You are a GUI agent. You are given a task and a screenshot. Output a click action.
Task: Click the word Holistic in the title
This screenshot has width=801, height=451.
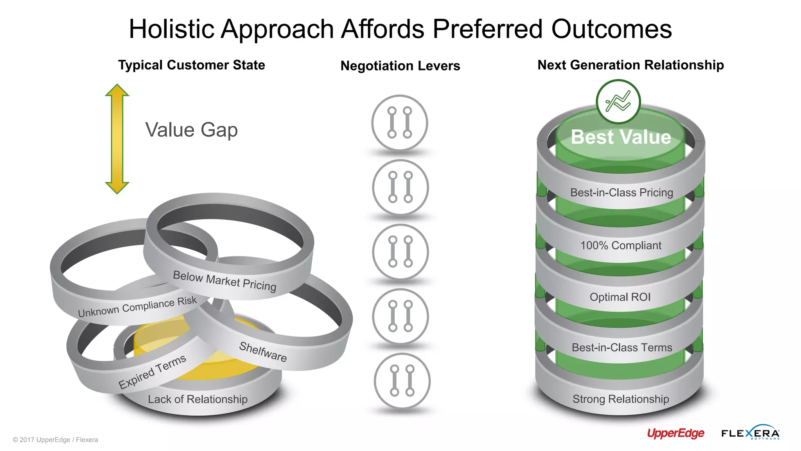pos(171,29)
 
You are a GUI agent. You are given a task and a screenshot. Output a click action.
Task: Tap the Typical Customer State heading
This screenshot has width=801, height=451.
pos(192,65)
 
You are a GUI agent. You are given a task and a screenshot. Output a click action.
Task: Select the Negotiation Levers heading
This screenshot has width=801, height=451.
pos(400,66)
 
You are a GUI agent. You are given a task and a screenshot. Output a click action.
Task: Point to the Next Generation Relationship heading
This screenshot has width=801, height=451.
pos(630,65)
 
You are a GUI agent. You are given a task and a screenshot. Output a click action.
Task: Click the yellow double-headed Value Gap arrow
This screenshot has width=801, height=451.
pos(117,139)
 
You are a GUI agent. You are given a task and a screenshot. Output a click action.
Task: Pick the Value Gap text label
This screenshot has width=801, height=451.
pos(191,130)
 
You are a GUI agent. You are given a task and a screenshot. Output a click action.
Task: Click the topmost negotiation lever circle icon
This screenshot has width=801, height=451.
pos(399,123)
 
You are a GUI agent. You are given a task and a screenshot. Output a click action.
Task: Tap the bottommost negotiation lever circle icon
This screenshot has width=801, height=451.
pos(402,381)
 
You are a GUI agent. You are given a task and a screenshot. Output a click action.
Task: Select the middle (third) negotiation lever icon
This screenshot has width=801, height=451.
pos(400,252)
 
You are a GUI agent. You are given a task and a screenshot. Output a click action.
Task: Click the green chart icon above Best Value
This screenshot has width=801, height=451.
pos(618,102)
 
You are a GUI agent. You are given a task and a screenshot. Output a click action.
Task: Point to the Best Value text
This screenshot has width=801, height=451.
pos(621,137)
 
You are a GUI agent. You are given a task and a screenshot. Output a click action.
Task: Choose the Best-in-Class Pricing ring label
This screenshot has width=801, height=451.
pos(621,193)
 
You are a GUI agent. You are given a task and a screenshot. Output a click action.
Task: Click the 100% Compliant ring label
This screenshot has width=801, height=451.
pos(621,245)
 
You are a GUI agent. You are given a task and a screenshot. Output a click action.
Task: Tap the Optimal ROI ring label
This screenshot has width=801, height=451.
pos(620,297)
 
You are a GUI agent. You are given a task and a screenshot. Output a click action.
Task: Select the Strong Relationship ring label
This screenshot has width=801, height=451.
pos(621,399)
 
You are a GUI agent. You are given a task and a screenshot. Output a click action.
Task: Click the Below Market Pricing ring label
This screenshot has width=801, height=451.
pos(224,281)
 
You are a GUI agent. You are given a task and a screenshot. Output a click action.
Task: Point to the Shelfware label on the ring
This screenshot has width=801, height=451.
pos(263,351)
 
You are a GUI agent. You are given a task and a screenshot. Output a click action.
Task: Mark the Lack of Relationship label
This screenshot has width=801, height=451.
pos(198,399)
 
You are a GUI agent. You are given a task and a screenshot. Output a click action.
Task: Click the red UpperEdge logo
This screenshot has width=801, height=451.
pos(675,433)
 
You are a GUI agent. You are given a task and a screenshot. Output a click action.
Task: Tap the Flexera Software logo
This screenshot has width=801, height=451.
pos(750,433)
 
